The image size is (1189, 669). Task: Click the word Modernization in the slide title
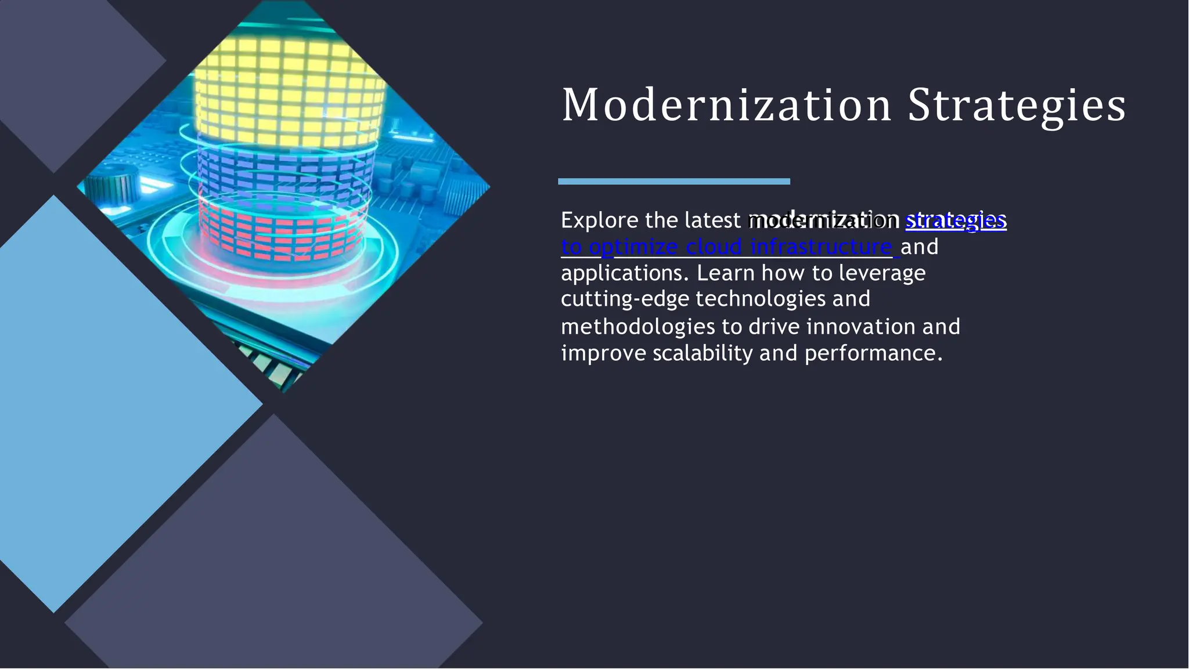tap(726, 105)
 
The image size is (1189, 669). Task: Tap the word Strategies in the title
tap(1016, 106)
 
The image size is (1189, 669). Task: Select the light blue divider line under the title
tap(673, 182)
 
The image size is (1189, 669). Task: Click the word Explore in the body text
tap(600, 221)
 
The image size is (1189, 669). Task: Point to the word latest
tap(712, 221)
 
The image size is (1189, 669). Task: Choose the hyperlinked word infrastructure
tap(821, 247)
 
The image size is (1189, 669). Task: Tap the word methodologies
tap(638, 327)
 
